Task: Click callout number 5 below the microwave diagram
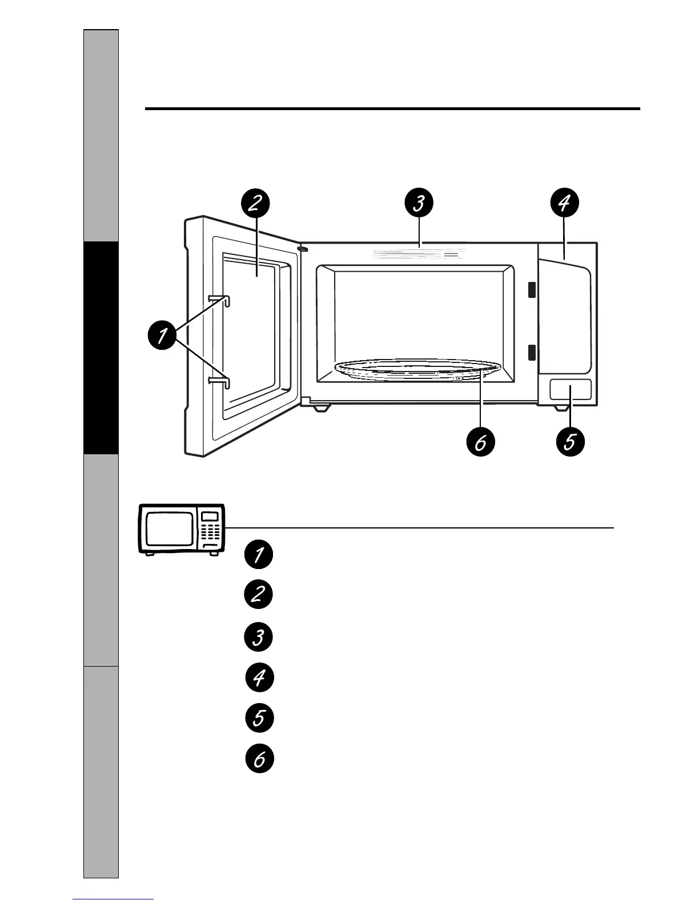(569, 442)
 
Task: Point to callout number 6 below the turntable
(480, 442)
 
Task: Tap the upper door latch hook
(220, 299)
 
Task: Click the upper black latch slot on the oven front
(532, 290)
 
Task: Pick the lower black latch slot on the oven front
(532, 353)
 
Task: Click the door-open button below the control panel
(570, 391)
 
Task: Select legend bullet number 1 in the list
(259, 555)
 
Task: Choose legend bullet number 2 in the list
(259, 595)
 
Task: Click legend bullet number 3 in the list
(259, 637)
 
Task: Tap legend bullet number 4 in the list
(259, 678)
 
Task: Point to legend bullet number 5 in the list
(259, 717)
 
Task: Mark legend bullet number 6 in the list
(259, 759)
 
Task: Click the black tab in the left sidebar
(101, 348)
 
